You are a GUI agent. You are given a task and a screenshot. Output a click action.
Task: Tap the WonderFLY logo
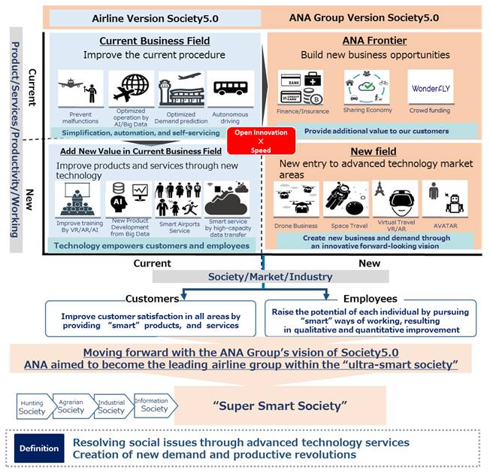pyautogui.click(x=430, y=89)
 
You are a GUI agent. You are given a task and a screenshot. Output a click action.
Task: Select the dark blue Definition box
pyautogui.click(x=39, y=448)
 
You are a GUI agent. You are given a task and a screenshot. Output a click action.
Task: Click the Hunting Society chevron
pyautogui.click(x=33, y=407)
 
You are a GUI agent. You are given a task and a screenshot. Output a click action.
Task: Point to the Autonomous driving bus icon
pyautogui.click(x=230, y=90)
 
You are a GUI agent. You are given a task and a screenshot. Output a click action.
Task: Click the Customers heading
pyautogui.click(x=153, y=299)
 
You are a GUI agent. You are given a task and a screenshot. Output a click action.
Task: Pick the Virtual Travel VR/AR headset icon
pyautogui.click(x=395, y=199)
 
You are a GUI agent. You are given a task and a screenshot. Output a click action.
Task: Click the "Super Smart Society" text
pyautogui.click(x=280, y=406)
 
